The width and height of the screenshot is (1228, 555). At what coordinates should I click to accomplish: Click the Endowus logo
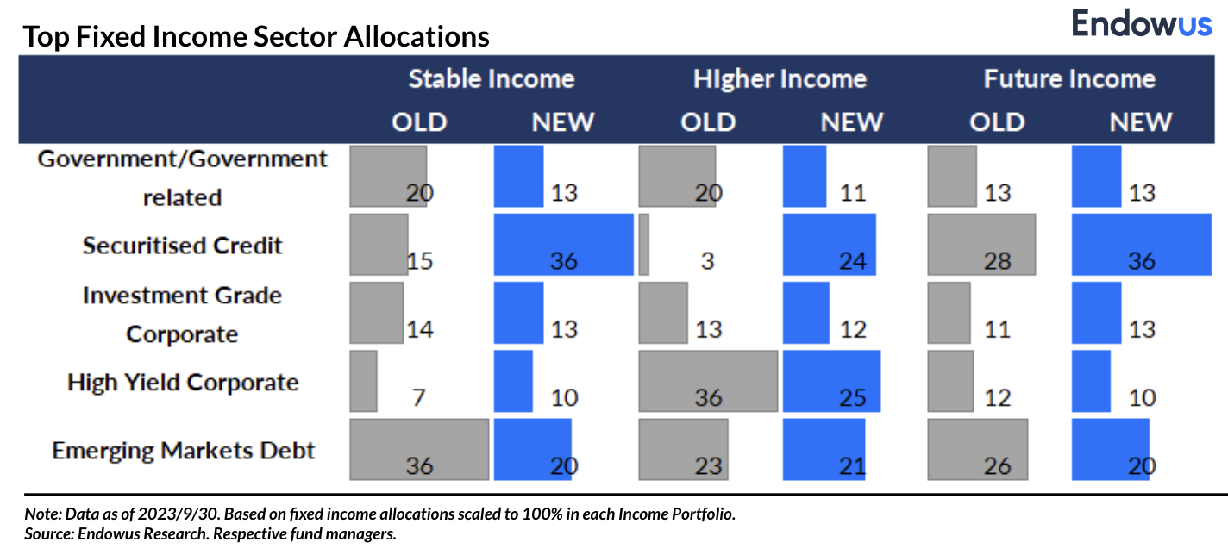point(1141,23)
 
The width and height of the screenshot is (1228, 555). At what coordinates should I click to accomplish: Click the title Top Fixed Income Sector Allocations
point(256,37)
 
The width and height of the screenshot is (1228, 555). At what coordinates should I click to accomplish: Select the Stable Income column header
point(491,79)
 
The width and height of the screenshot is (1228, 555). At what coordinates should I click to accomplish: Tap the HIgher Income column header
point(780,79)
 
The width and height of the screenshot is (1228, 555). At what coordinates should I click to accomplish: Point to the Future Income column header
point(1069,79)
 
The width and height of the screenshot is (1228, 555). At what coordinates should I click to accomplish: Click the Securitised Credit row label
point(183,246)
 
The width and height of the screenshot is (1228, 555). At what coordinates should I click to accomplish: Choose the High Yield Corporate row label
point(183,382)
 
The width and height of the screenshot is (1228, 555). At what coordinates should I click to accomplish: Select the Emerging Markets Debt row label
point(183,450)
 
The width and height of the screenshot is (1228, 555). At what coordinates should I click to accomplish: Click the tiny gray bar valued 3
point(643,245)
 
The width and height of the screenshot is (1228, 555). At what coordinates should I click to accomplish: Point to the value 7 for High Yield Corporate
point(418,397)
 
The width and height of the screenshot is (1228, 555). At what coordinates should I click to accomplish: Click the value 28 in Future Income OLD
point(997,260)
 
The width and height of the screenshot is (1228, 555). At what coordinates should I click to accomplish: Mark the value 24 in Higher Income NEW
point(852,260)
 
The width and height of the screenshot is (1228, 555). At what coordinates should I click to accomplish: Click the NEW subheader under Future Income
point(1141,122)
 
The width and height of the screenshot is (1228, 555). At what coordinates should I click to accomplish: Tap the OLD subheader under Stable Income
point(419,122)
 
